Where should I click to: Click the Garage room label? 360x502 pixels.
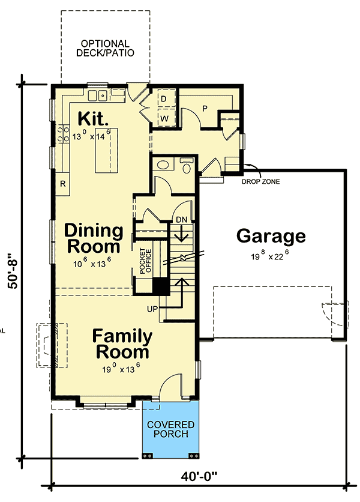[271, 236]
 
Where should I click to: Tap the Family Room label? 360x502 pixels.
[122, 343]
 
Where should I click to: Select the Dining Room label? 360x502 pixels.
[94, 238]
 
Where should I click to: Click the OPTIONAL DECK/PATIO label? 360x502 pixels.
[105, 48]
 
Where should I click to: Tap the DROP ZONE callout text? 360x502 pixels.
[262, 181]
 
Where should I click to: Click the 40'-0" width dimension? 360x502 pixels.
[199, 476]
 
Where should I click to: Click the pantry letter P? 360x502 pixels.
[204, 109]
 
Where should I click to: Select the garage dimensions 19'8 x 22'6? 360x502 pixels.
[271, 256]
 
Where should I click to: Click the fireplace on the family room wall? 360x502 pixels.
[48, 346]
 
